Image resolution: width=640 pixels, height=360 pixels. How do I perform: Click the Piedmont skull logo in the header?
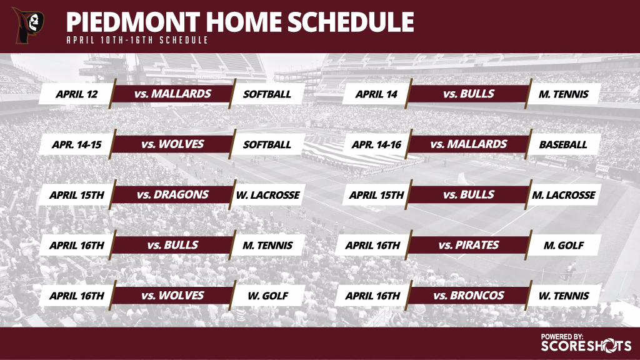pyautogui.click(x=29, y=25)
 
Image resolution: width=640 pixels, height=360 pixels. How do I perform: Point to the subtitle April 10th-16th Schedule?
pyautogui.click(x=137, y=40)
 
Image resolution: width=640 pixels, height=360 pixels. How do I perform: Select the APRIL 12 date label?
pyautogui.click(x=77, y=94)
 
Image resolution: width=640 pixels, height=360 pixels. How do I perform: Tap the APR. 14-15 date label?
pyautogui.click(x=77, y=144)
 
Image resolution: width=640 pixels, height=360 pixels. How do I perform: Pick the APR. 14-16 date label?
pyautogui.click(x=376, y=144)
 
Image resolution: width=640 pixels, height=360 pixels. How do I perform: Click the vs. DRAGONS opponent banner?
pyautogui.click(x=172, y=195)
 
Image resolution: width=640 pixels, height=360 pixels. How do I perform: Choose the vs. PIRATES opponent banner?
pyautogui.click(x=469, y=245)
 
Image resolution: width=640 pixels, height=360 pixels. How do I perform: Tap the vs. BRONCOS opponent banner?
pyautogui.click(x=469, y=296)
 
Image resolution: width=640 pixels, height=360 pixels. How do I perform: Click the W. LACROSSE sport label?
pyautogui.click(x=267, y=195)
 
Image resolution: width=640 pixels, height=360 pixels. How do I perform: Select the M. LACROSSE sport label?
pyautogui.click(x=564, y=195)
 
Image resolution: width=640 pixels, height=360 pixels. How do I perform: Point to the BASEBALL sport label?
pyautogui.click(x=563, y=144)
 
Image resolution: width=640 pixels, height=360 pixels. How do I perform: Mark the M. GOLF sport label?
pyautogui.click(x=564, y=245)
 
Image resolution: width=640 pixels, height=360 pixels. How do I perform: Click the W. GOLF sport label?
pyautogui.click(x=267, y=296)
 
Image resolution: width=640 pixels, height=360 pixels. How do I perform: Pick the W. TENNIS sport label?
pyautogui.click(x=564, y=296)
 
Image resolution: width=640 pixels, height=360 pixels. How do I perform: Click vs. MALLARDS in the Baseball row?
pyautogui.click(x=469, y=144)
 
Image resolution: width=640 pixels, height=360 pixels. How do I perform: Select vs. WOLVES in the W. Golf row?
pyautogui.click(x=172, y=296)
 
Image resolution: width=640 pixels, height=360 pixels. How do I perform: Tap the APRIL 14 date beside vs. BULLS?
pyautogui.click(x=376, y=94)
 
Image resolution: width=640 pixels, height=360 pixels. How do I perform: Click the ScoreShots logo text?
pyautogui.click(x=586, y=346)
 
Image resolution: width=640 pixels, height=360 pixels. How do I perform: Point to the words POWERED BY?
pyautogui.click(x=562, y=337)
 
